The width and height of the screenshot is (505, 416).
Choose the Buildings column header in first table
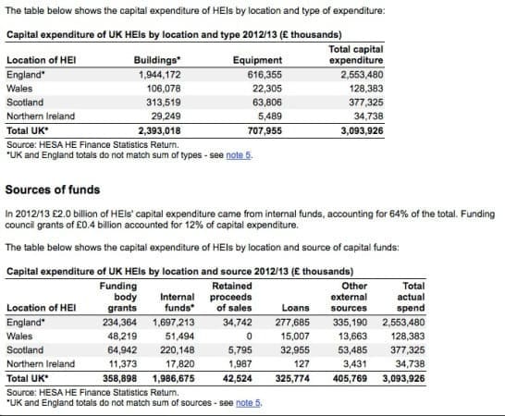tap(158, 58)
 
